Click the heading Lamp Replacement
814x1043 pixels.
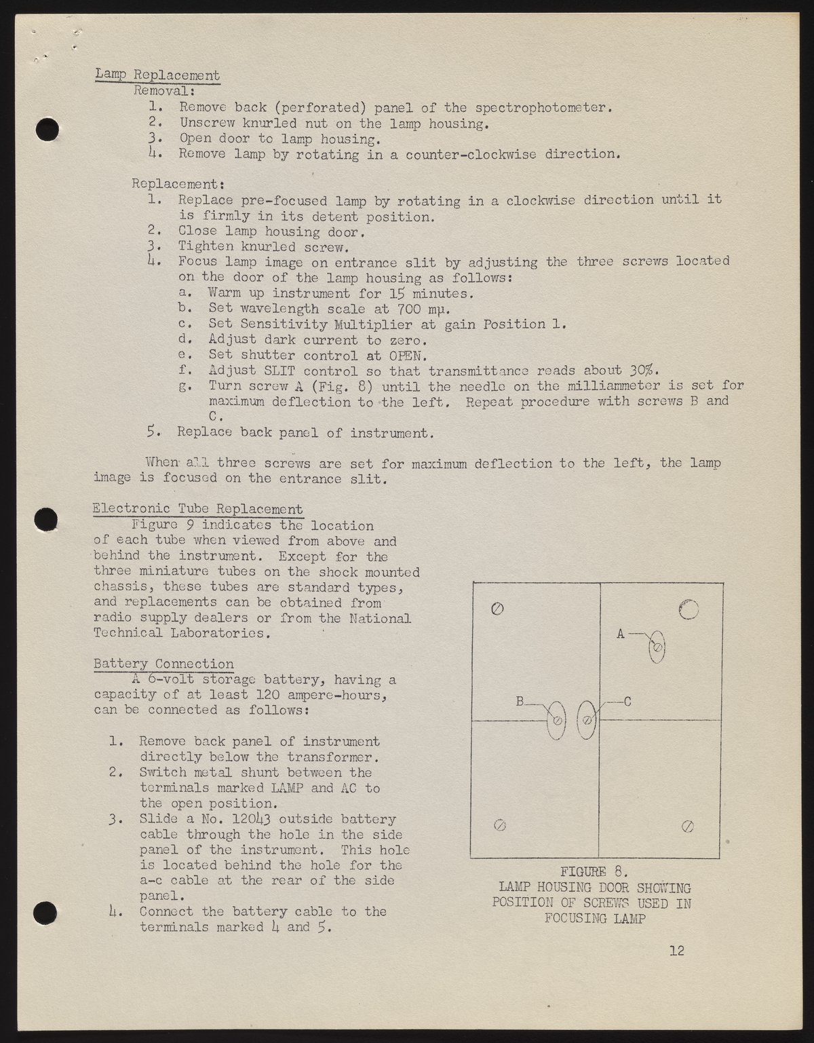pos(157,75)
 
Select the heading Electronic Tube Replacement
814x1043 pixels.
pos(197,509)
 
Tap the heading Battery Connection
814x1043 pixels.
pos(163,664)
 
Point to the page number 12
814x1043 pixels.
pos(676,950)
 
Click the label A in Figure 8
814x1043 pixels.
pos(620,634)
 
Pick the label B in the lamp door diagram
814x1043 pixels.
pos(520,702)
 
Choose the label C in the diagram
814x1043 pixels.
pos(627,702)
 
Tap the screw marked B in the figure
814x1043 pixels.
pos(557,721)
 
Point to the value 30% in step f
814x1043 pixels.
pos(642,371)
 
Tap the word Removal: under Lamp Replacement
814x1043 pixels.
pos(165,90)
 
